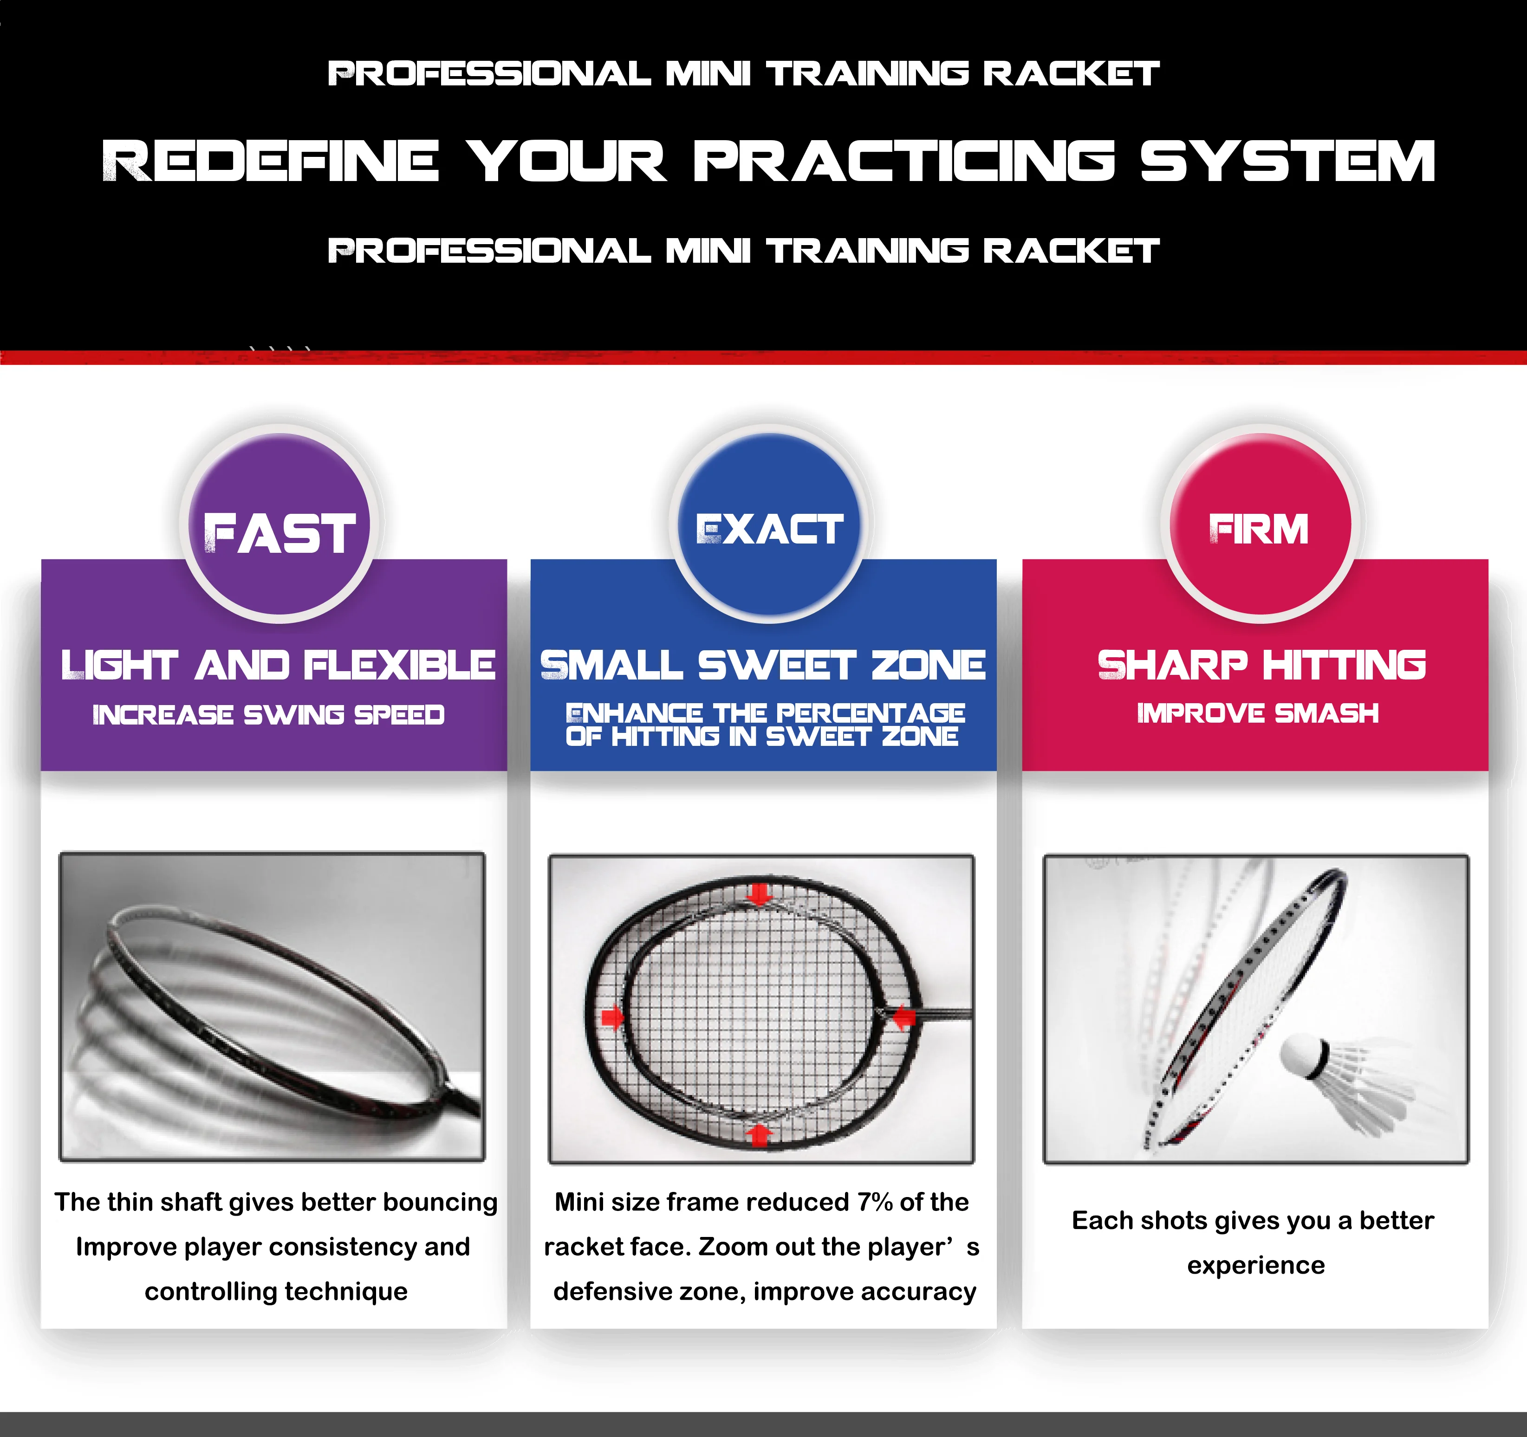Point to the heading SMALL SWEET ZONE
coord(763,665)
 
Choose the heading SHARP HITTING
coord(1261,665)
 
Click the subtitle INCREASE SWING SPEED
coord(268,715)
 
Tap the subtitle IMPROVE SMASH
coord(1257,713)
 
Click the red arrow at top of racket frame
coord(760,893)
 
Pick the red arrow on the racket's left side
coord(612,1018)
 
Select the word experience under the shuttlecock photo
coord(1256,1265)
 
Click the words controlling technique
coord(276,1291)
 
